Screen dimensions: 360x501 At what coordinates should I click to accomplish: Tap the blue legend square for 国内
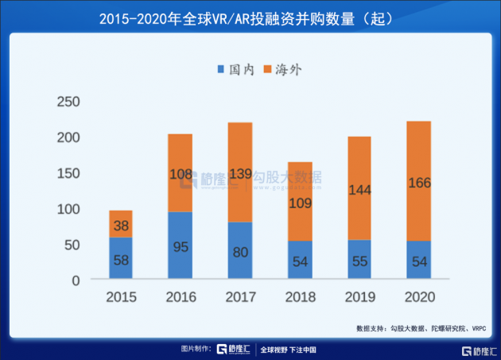[221, 70]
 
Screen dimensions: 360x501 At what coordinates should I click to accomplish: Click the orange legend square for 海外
[268, 70]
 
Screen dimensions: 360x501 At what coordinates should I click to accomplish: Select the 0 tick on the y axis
[76, 281]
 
